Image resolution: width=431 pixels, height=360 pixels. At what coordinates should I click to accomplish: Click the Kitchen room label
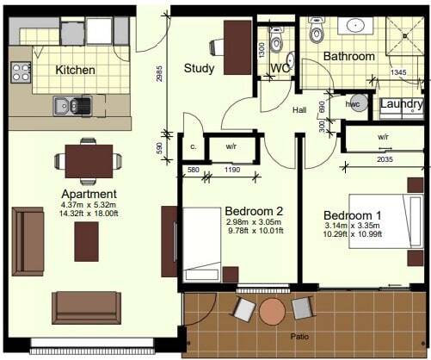click(75, 70)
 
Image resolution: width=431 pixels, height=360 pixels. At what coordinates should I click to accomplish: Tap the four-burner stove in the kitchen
click(21, 72)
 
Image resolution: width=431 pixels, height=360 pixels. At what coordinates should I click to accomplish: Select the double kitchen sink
click(72, 106)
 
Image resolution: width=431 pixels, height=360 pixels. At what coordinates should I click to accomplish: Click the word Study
click(199, 69)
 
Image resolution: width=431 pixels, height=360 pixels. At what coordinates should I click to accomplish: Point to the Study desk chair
click(217, 47)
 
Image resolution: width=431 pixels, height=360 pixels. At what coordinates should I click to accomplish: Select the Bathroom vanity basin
click(355, 25)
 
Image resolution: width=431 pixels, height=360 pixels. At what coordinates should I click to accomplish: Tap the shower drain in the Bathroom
click(405, 36)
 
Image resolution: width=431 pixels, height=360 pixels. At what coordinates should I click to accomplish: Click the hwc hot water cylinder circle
click(357, 102)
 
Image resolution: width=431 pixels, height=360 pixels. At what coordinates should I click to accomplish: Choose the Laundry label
click(402, 104)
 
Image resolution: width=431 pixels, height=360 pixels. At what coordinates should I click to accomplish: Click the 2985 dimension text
click(159, 74)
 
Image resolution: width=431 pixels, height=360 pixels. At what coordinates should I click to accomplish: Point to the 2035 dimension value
click(385, 159)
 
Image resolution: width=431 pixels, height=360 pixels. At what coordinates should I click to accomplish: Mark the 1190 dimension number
click(232, 170)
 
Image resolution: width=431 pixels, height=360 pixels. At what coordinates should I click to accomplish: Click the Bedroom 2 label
click(254, 211)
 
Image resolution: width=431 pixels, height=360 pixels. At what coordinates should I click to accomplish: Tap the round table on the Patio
click(272, 312)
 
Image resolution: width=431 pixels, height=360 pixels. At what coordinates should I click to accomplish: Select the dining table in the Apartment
click(89, 161)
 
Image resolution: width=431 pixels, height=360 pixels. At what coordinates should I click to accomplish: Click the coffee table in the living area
click(86, 241)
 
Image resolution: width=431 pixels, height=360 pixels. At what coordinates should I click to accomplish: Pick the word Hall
click(299, 110)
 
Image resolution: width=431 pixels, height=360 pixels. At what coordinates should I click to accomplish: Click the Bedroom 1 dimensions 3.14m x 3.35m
click(352, 226)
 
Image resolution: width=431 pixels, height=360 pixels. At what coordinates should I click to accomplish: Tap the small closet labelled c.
click(194, 147)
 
